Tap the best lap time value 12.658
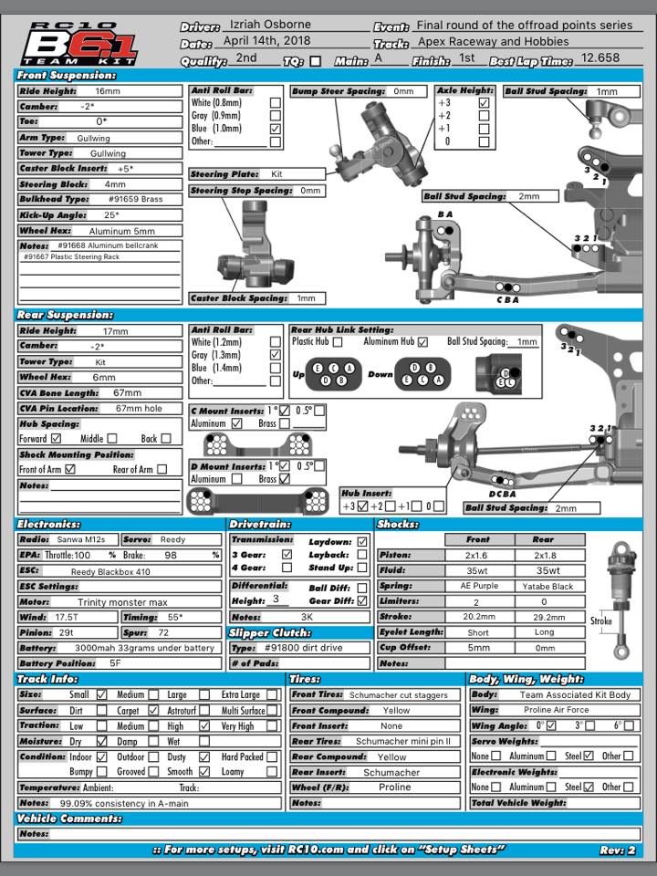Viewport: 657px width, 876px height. click(x=600, y=58)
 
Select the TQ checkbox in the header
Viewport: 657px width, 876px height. click(x=316, y=61)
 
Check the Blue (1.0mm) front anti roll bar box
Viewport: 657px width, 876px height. click(x=275, y=130)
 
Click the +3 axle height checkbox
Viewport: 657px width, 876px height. click(x=484, y=103)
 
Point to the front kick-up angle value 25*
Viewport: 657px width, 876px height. click(x=111, y=215)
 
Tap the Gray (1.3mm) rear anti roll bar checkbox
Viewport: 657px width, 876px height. click(x=275, y=354)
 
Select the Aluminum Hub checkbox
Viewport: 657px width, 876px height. click(x=422, y=342)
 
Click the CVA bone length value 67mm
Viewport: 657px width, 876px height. click(x=127, y=392)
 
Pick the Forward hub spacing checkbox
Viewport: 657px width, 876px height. click(x=56, y=439)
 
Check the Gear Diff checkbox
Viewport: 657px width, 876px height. click(x=362, y=601)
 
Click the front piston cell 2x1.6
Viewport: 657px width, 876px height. click(x=476, y=555)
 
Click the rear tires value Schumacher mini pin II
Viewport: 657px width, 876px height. click(x=402, y=741)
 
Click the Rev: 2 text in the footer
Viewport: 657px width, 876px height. click(x=617, y=850)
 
